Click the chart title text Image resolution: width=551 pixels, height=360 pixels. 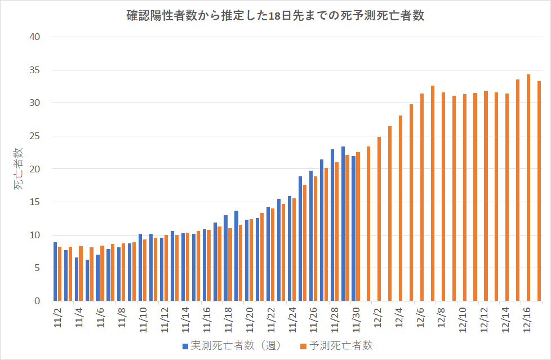275,16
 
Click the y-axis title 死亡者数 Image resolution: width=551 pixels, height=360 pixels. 19,169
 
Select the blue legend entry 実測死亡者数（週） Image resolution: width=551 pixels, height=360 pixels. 231,345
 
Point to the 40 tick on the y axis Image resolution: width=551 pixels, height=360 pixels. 35,37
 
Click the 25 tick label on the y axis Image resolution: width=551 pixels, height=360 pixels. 35,136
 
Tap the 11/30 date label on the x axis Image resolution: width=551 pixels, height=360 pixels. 354,314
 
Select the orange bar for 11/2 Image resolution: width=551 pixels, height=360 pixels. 60,274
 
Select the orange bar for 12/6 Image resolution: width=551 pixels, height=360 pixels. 422,197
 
